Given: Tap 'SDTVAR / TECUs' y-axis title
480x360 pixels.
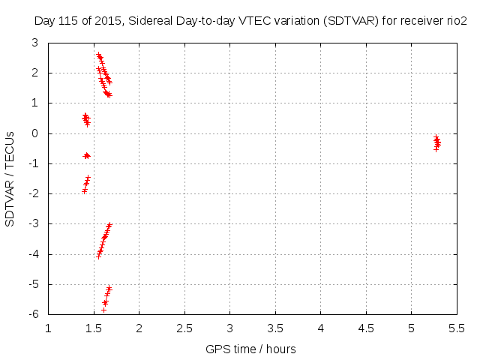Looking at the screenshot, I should [10, 178].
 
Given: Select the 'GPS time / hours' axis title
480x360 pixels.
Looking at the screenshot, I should [250, 349].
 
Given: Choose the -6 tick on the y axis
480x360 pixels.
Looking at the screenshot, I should [35, 314].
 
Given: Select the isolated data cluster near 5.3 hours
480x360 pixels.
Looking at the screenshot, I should [436, 142].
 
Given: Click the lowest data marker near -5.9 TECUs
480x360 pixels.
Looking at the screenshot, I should [103, 309].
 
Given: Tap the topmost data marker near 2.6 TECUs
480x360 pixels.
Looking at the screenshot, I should [98, 55].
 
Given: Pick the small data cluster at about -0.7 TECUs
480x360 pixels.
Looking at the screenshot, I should [86, 155].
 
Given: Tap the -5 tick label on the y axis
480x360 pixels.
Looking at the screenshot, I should [35, 284].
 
